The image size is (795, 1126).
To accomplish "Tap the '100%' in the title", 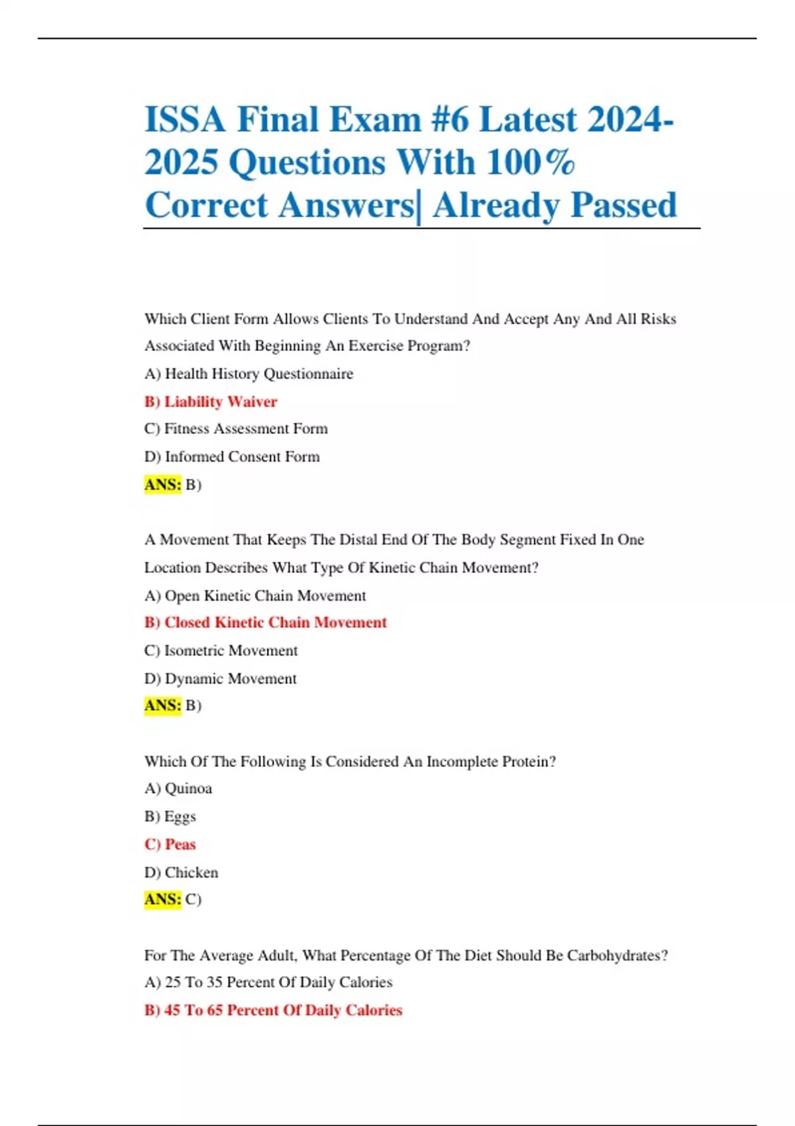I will (530, 162).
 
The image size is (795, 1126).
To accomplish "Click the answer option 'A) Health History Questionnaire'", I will (248, 374).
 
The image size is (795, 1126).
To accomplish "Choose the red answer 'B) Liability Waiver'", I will (211, 401).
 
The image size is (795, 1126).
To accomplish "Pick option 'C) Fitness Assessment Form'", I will (236, 429).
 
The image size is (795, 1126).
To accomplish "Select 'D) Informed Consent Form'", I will (232, 456).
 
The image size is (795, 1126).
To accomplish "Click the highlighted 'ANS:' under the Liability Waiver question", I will (162, 484).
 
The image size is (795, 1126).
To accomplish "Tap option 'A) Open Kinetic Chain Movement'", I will (255, 595).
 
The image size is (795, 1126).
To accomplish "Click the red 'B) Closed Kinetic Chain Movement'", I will (265, 623).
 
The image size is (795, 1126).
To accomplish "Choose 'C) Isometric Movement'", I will (221, 650).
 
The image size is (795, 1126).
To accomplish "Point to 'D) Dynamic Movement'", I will (220, 678).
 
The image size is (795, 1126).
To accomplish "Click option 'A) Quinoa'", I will (178, 788).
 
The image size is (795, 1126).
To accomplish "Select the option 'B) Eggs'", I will (170, 816).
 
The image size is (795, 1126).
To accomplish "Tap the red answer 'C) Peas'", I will (170, 844).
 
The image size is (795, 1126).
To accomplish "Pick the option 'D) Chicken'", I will (181, 872).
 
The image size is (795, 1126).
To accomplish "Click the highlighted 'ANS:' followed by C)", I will (162, 899).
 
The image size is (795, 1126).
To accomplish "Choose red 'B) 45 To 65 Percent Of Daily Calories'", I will (273, 1010).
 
